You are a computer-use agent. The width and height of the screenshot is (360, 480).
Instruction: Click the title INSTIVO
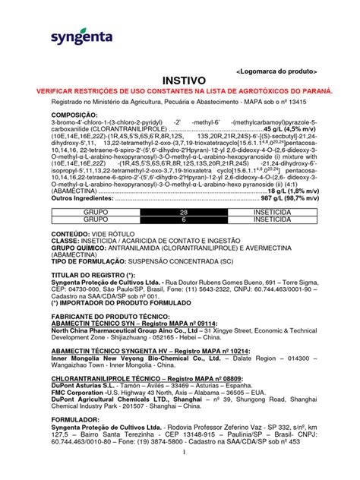tap(180, 79)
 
